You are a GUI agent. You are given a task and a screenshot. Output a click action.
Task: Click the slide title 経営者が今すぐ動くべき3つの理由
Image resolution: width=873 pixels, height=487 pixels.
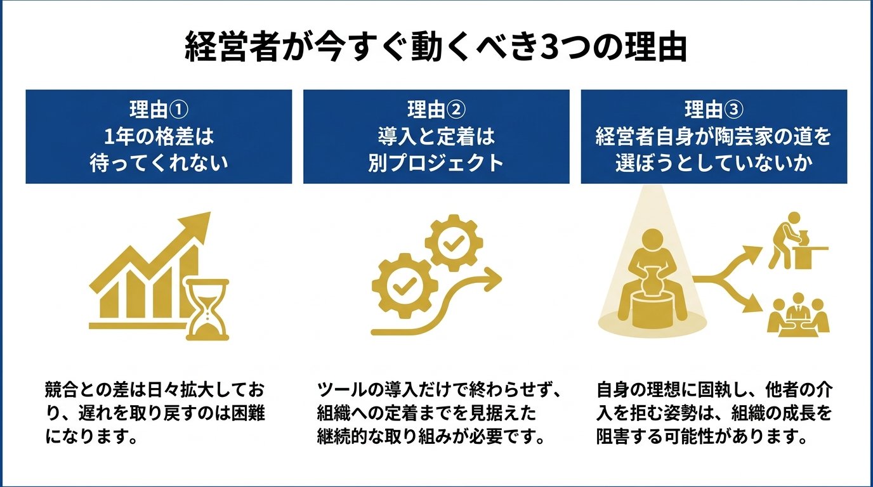436,48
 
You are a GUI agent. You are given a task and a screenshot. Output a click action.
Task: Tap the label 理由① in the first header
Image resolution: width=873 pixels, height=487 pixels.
159,110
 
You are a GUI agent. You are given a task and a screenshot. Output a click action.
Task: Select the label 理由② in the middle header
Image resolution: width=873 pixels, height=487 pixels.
436,110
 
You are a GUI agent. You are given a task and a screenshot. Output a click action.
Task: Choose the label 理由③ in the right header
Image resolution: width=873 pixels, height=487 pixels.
713,110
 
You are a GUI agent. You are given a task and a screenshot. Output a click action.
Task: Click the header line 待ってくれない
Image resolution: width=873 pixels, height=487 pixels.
159,163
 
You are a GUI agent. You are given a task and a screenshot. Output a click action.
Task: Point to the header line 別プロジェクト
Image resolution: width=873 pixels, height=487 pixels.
436,163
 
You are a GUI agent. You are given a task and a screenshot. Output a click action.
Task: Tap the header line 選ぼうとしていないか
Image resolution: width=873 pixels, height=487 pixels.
713,163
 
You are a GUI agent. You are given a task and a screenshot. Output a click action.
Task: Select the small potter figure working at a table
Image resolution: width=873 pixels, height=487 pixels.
796,244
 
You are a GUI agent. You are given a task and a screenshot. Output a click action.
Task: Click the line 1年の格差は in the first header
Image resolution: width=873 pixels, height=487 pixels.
159,136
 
